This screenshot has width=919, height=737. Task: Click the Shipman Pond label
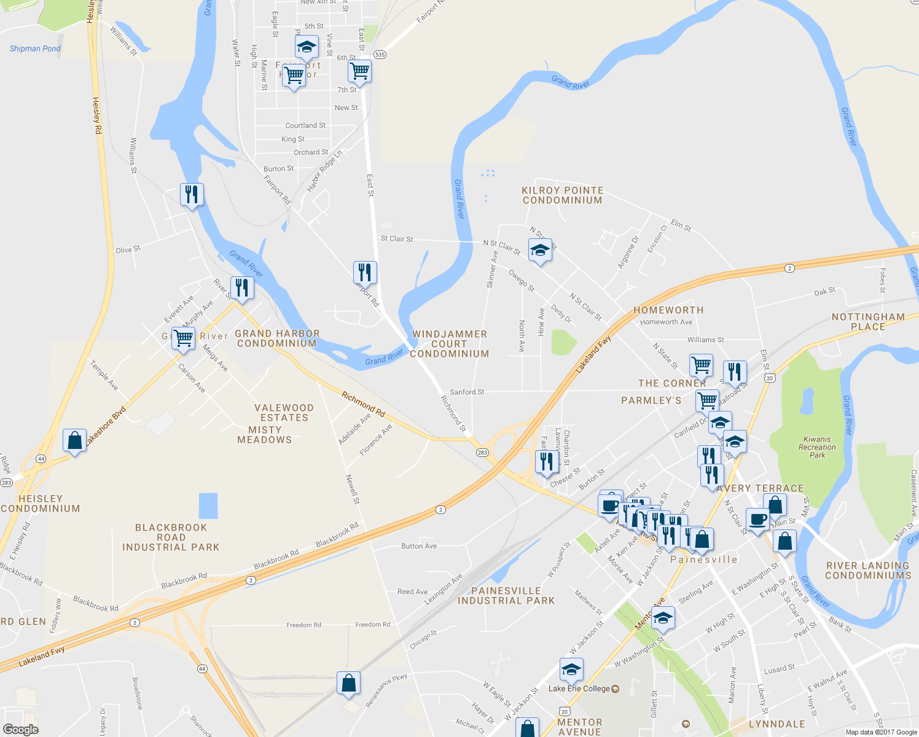tap(35, 49)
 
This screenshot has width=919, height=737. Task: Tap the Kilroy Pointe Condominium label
tap(562, 195)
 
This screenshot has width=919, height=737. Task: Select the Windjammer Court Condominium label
tap(450, 344)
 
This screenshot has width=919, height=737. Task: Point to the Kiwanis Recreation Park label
tap(817, 447)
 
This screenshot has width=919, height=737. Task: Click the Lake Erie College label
tap(579, 688)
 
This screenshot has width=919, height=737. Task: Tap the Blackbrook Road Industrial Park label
tap(171, 537)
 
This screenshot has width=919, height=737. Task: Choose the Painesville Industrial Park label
tap(506, 596)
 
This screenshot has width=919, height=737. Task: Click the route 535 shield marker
tap(380, 55)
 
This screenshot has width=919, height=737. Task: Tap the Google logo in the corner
tap(20, 730)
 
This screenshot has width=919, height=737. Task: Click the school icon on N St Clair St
tap(540, 251)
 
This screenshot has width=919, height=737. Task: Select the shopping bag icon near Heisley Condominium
tap(74, 440)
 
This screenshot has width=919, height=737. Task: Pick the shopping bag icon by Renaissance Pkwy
tap(348, 684)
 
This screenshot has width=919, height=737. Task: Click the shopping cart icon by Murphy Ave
tap(183, 338)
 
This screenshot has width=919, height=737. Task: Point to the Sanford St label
tap(467, 392)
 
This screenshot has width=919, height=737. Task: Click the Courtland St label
tap(305, 125)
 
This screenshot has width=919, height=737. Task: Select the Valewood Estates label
tap(284, 413)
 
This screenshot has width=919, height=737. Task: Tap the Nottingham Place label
tap(867, 322)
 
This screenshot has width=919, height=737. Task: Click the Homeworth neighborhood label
tap(668, 310)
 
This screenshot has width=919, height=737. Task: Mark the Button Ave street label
tap(419, 546)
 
